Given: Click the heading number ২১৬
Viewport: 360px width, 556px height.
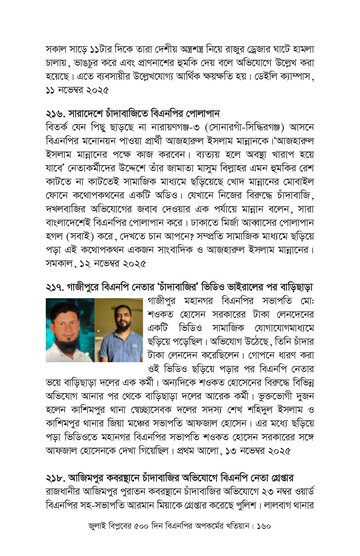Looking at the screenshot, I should pyautogui.click(x=55, y=113).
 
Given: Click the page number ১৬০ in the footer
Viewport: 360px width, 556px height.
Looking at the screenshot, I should pyautogui.click(x=263, y=526).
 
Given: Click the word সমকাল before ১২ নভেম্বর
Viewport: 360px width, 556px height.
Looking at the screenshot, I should pyautogui.click(x=59, y=263).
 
